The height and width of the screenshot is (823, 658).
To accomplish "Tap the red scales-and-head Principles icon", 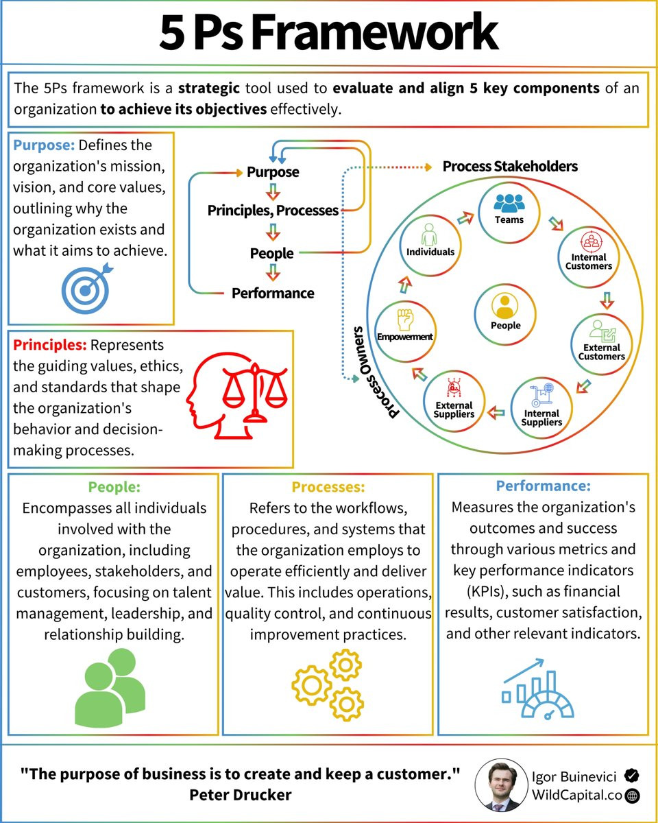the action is (x=236, y=396).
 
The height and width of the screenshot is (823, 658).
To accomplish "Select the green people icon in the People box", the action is (x=110, y=688).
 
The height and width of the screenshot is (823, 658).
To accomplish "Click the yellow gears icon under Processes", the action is (x=327, y=684).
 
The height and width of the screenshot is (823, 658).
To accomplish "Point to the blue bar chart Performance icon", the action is (x=537, y=689).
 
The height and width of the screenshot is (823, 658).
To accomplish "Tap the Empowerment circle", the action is (x=405, y=331).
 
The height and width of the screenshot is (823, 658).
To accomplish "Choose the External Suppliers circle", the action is (x=454, y=401).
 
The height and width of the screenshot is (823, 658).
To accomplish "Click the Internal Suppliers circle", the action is (x=541, y=408).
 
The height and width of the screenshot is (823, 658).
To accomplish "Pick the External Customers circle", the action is (x=601, y=344).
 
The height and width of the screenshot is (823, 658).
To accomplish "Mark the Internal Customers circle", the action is (x=588, y=257).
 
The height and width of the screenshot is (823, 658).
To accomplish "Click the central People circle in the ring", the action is (x=505, y=314).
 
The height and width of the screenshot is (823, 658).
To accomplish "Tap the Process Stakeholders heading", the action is (x=510, y=167).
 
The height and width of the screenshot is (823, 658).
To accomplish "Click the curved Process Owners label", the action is (x=372, y=373).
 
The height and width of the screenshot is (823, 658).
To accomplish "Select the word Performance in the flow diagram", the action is (x=273, y=294).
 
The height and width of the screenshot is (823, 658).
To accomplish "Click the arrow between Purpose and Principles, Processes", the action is (x=273, y=192).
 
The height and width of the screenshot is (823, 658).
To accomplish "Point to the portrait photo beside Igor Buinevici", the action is (x=502, y=785).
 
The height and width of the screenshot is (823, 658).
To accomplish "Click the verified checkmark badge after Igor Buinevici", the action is (x=631, y=776).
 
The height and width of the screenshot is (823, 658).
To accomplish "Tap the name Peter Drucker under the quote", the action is (x=241, y=796).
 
